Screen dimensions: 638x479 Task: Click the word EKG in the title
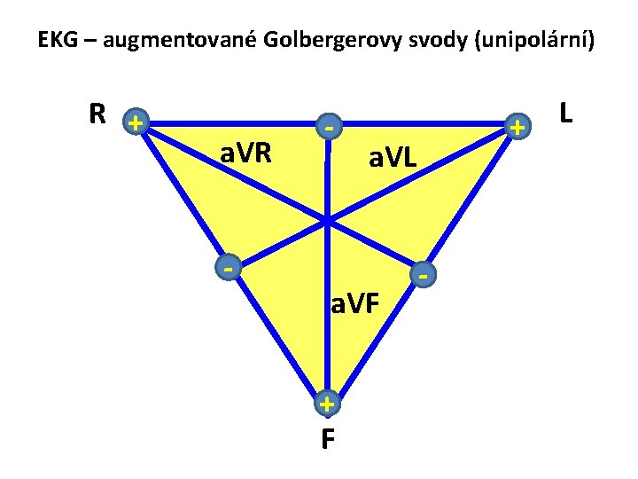[57, 40]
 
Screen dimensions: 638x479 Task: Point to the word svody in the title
[420, 40]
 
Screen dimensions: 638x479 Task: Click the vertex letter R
[98, 114]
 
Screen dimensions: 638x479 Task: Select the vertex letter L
[565, 113]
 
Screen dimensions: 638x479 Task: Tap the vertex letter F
[328, 439]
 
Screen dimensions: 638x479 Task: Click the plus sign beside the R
[135, 122]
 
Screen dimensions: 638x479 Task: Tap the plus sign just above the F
[327, 404]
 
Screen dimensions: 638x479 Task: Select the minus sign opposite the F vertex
[328, 130]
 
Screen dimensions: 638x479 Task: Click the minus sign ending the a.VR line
[229, 265]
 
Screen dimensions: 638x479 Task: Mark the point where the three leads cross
[327, 219]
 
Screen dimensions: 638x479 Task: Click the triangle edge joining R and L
[230, 123]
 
